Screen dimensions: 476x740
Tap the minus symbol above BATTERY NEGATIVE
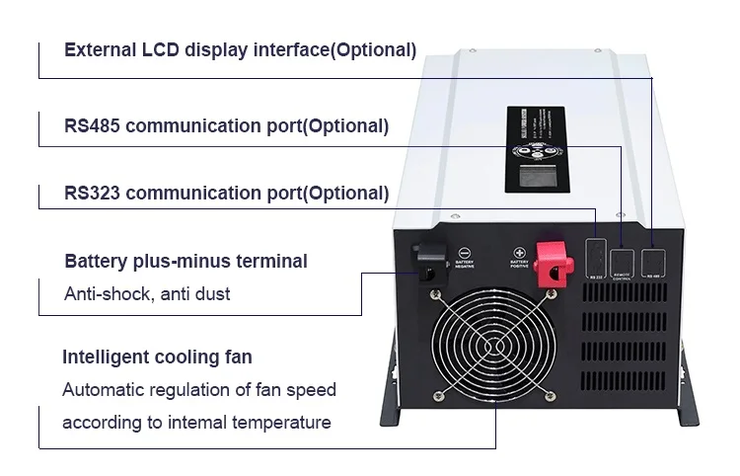tap(465, 251)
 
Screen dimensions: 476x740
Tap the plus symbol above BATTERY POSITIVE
tap(519, 253)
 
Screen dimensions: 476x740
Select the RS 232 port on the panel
tap(596, 259)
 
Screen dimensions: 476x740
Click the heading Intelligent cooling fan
tap(164, 357)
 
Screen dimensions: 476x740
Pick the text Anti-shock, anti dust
tap(147, 293)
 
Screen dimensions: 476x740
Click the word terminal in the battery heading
tap(271, 262)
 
